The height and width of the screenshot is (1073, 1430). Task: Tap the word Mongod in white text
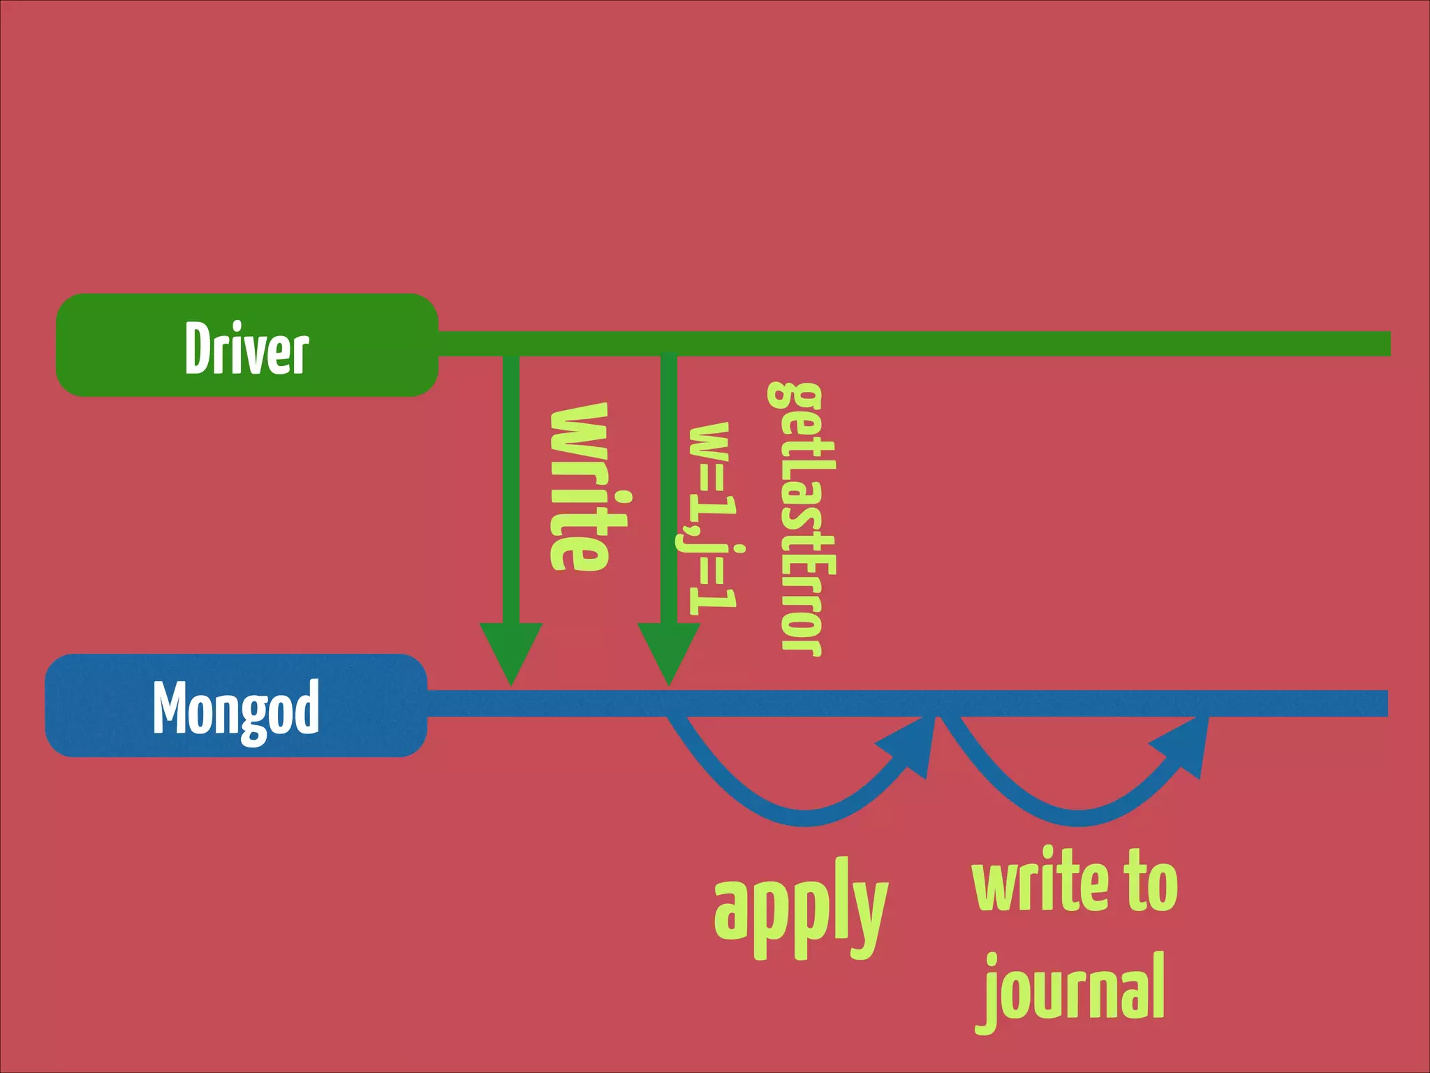tap(236, 708)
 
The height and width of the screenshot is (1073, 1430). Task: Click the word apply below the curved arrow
tap(800, 908)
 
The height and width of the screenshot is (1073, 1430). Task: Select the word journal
tap(1074, 988)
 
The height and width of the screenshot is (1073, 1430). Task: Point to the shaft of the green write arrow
tap(511, 489)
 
